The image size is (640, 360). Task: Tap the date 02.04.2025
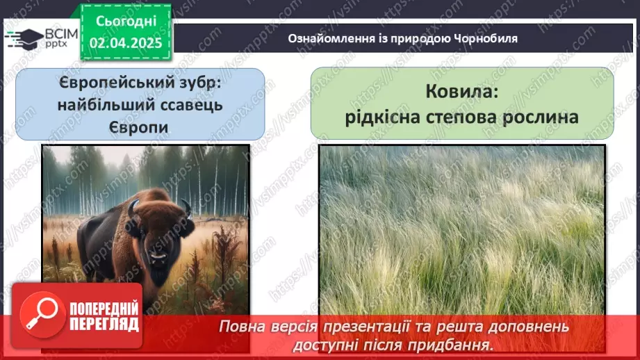[x=126, y=42]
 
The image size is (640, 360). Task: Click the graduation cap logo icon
[x=22, y=38]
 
